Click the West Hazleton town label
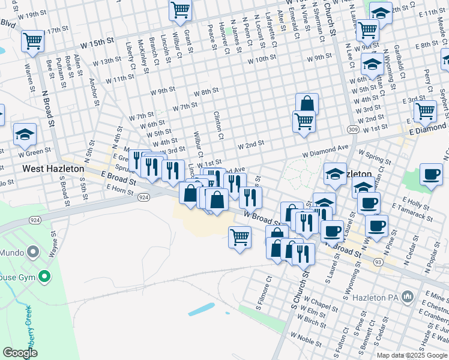click(53, 169)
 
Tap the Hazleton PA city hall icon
click(408, 296)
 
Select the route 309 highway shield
click(352, 130)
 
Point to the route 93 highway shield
click(378, 262)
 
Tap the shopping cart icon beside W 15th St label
click(32, 41)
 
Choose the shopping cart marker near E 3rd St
click(425, 110)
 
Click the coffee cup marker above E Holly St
click(431, 175)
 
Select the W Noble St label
click(306, 339)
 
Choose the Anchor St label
click(94, 92)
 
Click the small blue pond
click(200, 310)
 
